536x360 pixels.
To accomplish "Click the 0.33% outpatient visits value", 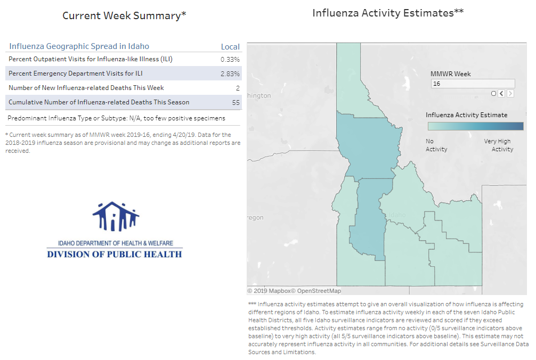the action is pyautogui.click(x=230, y=60).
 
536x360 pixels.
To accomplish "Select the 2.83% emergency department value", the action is pyautogui.click(x=230, y=74).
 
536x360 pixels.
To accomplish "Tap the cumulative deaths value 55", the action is pyautogui.click(x=236, y=102).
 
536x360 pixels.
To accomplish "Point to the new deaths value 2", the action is pyautogui.click(x=238, y=88).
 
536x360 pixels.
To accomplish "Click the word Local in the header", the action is pyautogui.click(x=230, y=47).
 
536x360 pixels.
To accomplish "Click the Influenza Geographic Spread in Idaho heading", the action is pyautogui.click(x=79, y=46).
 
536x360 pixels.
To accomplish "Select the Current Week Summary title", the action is pyautogui.click(x=124, y=16).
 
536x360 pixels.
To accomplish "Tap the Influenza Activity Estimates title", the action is pyautogui.click(x=388, y=13).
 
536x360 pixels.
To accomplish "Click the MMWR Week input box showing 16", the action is pyautogui.click(x=473, y=84).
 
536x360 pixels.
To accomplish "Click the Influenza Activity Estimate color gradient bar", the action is pyautogui.click(x=475, y=126).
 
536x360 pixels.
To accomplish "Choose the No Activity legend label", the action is pyautogui.click(x=436, y=145).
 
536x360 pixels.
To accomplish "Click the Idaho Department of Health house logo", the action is pyautogui.click(x=116, y=217).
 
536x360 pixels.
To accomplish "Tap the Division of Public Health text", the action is pyautogui.click(x=115, y=255).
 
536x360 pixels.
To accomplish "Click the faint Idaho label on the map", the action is pyautogui.click(x=397, y=215).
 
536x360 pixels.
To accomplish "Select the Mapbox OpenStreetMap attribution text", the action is pyautogui.click(x=294, y=291).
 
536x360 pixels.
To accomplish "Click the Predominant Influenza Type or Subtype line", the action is pyautogui.click(x=116, y=118).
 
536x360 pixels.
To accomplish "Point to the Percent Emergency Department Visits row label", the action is pyautogui.click(x=76, y=73).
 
